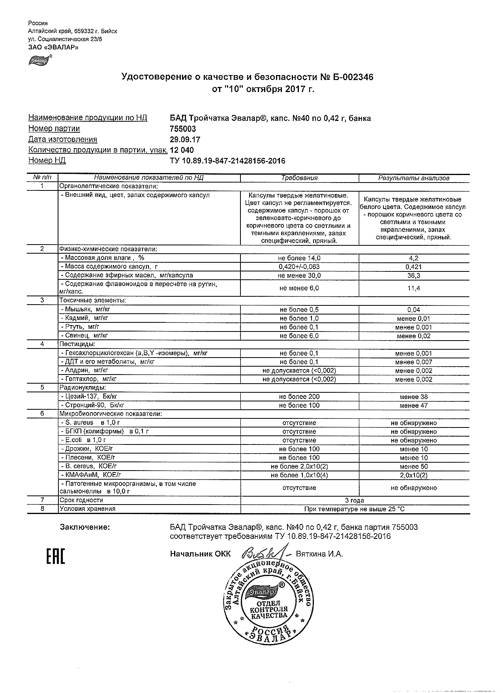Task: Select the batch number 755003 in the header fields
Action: pyautogui.click(x=183, y=129)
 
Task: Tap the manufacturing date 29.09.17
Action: pyautogui.click(x=185, y=139)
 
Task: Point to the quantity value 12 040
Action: pyautogui.click(x=182, y=150)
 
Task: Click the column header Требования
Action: pyautogui.click(x=299, y=178)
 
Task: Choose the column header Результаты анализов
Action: pyautogui.click(x=414, y=178)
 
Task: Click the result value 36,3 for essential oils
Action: pyautogui.click(x=414, y=275)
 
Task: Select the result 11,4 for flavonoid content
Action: pyautogui.click(x=414, y=288)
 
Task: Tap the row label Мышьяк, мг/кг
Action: pyautogui.click(x=85, y=309)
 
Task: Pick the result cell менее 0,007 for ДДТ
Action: pyautogui.click(x=414, y=362)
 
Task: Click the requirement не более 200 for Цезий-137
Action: pyautogui.click(x=299, y=397)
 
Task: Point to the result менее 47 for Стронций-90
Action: pyautogui.click(x=414, y=405)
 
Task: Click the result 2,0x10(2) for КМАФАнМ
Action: pyautogui.click(x=414, y=475)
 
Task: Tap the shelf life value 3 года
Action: pyautogui.click(x=355, y=500)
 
